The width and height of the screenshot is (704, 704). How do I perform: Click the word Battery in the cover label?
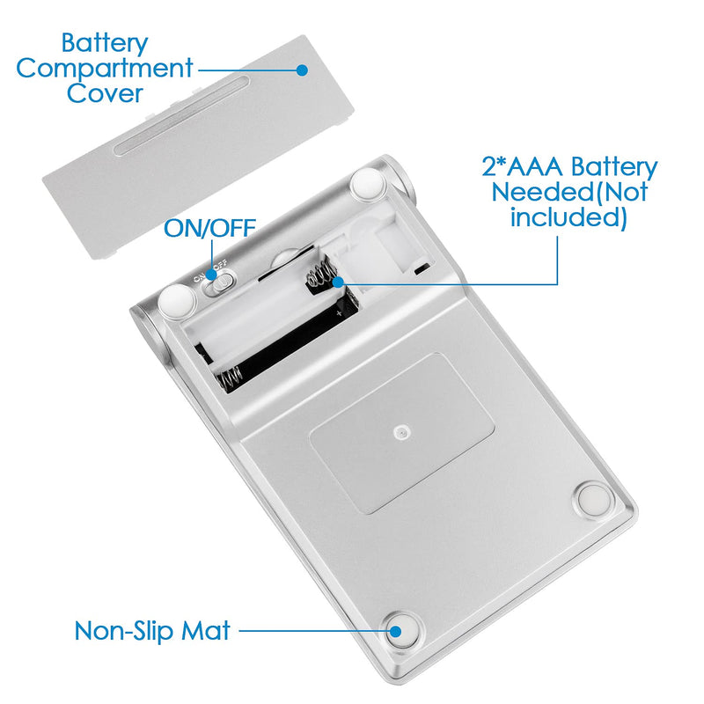click(105, 44)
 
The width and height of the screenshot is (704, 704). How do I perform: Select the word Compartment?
click(105, 69)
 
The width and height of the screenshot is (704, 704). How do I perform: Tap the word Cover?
click(105, 93)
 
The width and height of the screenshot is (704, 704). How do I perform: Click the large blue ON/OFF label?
click(209, 228)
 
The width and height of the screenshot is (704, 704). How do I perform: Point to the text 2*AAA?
click(522, 166)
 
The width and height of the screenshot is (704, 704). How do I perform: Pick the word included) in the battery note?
click(568, 217)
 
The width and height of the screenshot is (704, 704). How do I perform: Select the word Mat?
click(206, 630)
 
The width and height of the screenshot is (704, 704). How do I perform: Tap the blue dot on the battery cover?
click(302, 70)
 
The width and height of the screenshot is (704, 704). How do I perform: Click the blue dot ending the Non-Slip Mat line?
click(395, 631)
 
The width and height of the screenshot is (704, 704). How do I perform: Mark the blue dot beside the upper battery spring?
click(338, 282)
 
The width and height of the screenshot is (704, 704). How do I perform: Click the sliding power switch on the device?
click(219, 282)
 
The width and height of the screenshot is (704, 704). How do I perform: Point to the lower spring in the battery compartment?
click(230, 377)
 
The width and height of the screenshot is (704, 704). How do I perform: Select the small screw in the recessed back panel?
click(400, 433)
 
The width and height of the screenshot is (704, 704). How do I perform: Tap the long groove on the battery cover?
click(181, 116)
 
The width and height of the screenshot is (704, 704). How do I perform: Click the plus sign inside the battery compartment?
click(340, 312)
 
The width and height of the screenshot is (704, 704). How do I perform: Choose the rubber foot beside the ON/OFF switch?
click(178, 300)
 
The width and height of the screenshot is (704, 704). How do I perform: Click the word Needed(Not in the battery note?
click(569, 192)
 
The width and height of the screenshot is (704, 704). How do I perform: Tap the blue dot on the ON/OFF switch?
click(212, 274)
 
